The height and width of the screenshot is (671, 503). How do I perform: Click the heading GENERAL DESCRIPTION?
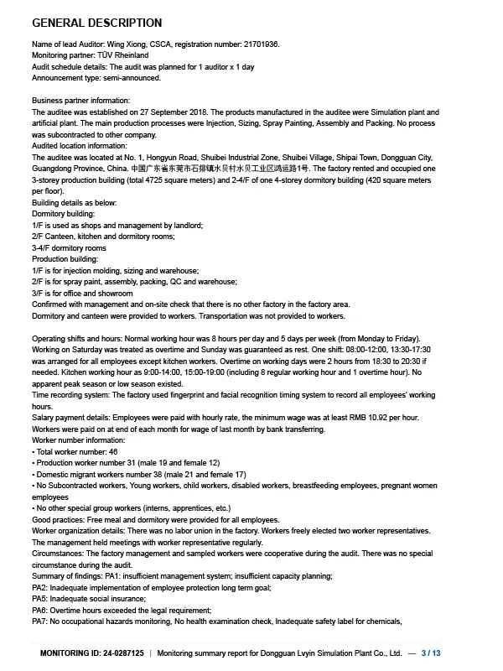point(96,23)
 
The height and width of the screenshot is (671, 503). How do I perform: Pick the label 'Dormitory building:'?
point(65,214)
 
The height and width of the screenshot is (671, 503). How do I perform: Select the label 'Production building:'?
point(65,259)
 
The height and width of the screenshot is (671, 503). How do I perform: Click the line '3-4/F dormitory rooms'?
point(69,248)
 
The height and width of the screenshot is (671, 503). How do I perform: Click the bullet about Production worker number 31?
point(126,463)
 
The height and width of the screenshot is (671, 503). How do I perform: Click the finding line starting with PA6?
point(122,610)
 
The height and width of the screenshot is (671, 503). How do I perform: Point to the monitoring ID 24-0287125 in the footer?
point(122,652)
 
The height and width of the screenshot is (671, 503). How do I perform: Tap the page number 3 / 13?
point(431,652)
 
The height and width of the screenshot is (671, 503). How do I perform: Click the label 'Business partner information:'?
point(80,101)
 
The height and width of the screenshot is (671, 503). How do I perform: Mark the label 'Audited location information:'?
point(80,145)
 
